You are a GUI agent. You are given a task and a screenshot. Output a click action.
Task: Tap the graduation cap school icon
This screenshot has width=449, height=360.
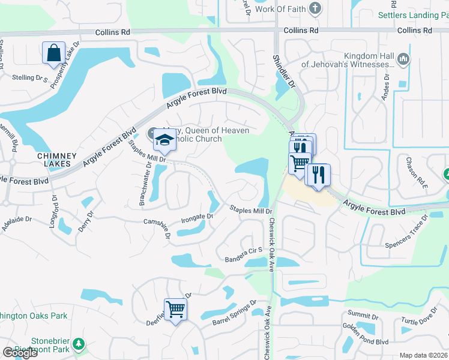pyautogui.click(x=164, y=139)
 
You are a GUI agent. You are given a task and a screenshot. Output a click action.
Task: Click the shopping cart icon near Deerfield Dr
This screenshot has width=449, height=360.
pyautogui.click(x=176, y=310)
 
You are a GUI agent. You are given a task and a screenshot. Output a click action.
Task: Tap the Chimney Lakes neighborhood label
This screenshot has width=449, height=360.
pyautogui.click(x=57, y=160)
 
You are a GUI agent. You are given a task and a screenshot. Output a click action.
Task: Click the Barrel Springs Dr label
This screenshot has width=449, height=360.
pyautogui.click(x=234, y=313)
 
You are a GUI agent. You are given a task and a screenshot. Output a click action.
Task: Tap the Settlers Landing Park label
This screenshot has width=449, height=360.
pyautogui.click(x=413, y=16)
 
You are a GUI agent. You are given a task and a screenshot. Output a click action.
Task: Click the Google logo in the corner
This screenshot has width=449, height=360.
pyautogui.click(x=20, y=353)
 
